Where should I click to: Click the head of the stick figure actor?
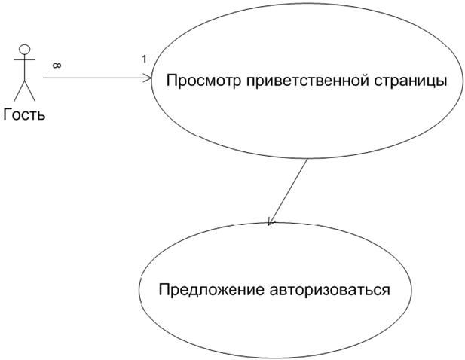[x=25, y=49]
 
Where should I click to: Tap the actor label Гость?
[x=24, y=114]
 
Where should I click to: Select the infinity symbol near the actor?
[x=57, y=66]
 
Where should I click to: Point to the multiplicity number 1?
[x=144, y=59]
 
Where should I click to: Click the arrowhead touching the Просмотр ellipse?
[x=148, y=78]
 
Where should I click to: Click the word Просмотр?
[x=203, y=81]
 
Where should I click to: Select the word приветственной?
[x=307, y=81]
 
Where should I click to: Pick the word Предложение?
[x=212, y=290]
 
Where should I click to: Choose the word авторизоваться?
[x=329, y=290]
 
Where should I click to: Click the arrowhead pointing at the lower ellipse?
[x=270, y=222]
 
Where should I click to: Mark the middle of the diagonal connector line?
[x=287, y=192]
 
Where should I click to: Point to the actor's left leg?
[x=20, y=91]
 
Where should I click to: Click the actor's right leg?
[x=30, y=91]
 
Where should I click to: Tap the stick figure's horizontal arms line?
[x=25, y=59]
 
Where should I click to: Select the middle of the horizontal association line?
[x=97, y=78]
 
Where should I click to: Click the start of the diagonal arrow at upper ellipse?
[x=307, y=160]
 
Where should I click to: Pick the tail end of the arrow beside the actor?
[x=43, y=78]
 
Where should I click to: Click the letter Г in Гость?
[x=8, y=114]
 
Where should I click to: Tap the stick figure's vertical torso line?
[x=25, y=67]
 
